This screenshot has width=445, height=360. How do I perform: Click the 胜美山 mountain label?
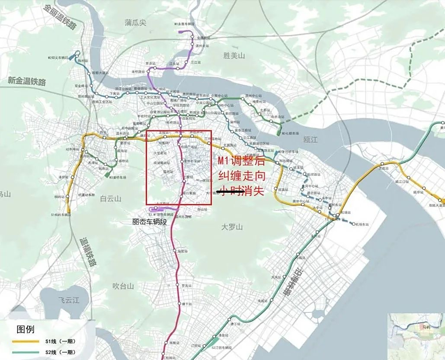(234, 55)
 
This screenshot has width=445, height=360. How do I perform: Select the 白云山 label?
(111, 199)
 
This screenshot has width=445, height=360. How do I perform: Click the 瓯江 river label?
(311, 139)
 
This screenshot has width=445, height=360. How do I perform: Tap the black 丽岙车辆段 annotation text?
(150, 222)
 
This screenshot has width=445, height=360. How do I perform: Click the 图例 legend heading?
(25, 329)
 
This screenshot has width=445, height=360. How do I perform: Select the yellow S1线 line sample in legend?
(25, 341)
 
